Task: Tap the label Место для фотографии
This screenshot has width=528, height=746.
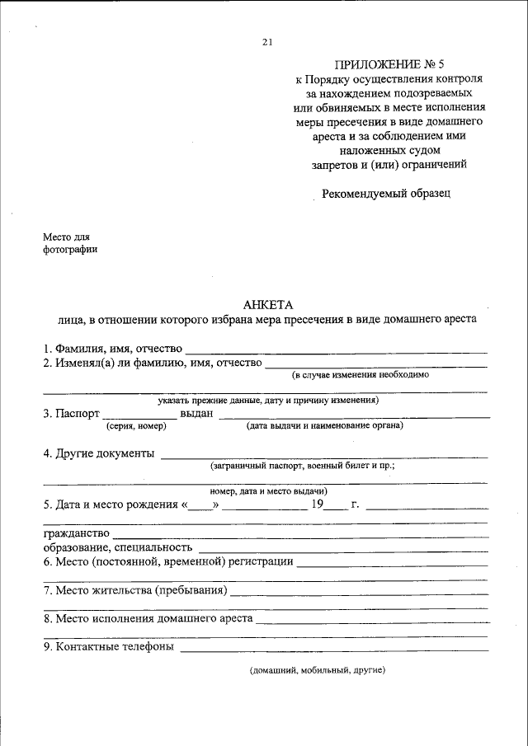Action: point(70,244)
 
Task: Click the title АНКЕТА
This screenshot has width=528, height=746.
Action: point(263,304)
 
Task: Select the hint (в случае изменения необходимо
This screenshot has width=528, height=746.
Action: point(360,374)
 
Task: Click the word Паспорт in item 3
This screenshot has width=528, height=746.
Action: point(78,414)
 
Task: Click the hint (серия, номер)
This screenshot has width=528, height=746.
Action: point(136,426)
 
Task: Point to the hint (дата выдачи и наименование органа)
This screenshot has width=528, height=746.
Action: point(324,426)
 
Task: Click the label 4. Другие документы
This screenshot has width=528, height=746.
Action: point(99,453)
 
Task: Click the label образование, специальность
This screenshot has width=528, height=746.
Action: point(117,547)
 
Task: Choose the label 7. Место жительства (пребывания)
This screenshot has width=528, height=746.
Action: point(135,590)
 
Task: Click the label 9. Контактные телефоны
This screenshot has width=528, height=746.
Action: point(108,647)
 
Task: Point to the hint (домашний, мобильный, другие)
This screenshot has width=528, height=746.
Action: point(318,671)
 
